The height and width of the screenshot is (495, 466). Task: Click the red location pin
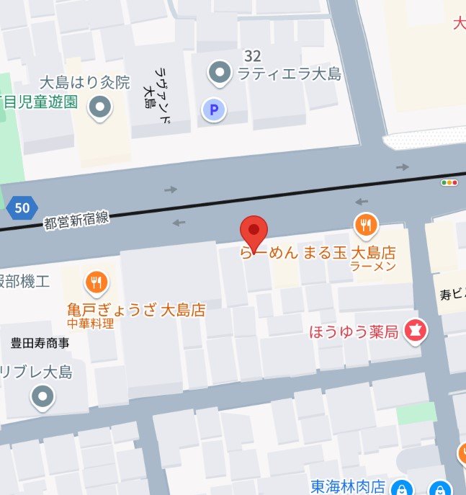click(254, 231)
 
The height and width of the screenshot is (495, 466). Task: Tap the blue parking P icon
click(213, 110)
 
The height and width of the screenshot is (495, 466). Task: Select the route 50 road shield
click(22, 209)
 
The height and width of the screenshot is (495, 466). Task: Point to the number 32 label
click(252, 55)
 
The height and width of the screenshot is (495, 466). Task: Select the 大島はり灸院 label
click(96, 83)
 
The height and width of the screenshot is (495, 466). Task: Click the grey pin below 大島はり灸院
click(99, 108)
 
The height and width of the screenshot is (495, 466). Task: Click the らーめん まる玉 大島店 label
click(318, 253)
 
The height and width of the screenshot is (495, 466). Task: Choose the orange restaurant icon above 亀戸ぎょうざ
click(97, 283)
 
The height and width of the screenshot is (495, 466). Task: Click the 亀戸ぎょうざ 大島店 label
click(136, 310)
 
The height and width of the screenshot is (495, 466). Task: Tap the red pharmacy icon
click(416, 331)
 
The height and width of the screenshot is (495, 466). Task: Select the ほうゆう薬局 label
click(354, 332)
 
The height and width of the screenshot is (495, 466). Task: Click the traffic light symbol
click(450, 183)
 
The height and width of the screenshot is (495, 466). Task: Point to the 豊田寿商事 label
click(40, 343)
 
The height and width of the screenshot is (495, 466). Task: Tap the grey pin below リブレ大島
click(43, 396)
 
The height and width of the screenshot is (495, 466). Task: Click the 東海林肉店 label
click(349, 486)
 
